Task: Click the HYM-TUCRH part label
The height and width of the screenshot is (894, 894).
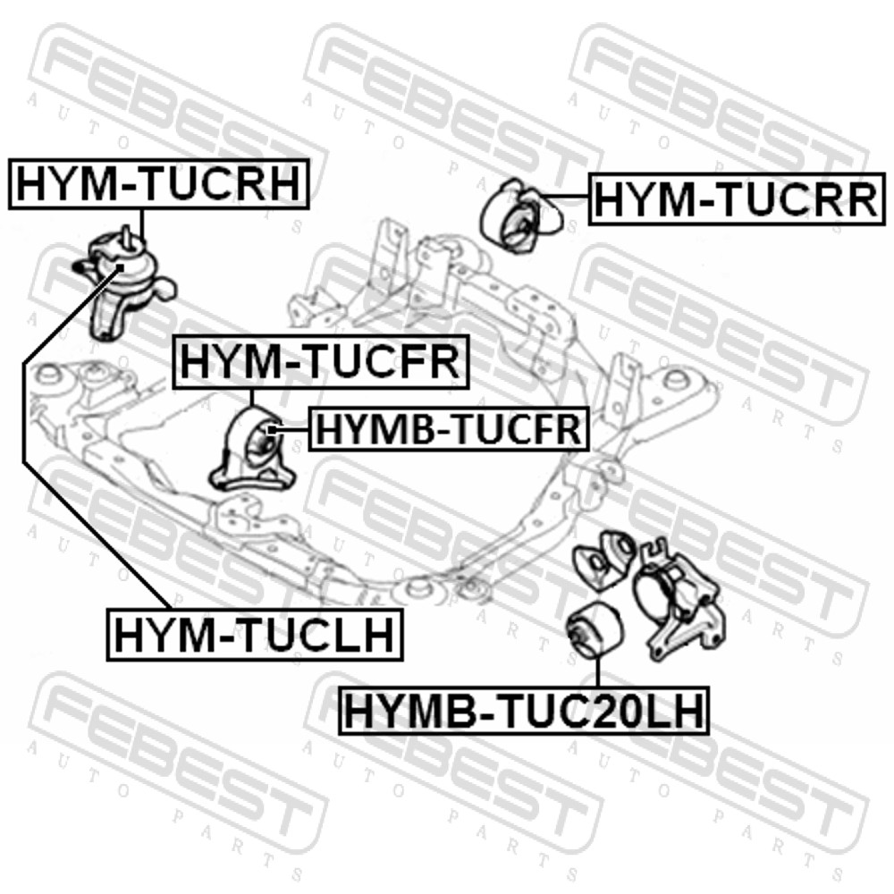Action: pos(159,183)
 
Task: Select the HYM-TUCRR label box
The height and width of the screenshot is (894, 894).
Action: pos(737,199)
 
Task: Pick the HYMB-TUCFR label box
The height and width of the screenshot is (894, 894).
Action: pos(449,428)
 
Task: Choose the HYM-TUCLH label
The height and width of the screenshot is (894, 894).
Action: pos(255,634)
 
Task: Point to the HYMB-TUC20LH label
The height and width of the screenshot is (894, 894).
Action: pos(524,711)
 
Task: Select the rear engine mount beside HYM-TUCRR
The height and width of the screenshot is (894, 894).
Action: pos(520,216)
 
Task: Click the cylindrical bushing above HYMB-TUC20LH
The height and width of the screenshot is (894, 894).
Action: pos(596,632)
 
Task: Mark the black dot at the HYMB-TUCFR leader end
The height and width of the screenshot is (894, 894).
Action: pos(273,429)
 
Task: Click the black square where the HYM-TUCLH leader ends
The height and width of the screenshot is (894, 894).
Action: pos(120,266)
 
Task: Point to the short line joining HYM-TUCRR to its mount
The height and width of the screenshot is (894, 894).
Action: pos(564,196)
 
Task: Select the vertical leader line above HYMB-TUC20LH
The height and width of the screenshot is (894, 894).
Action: pos(598,673)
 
